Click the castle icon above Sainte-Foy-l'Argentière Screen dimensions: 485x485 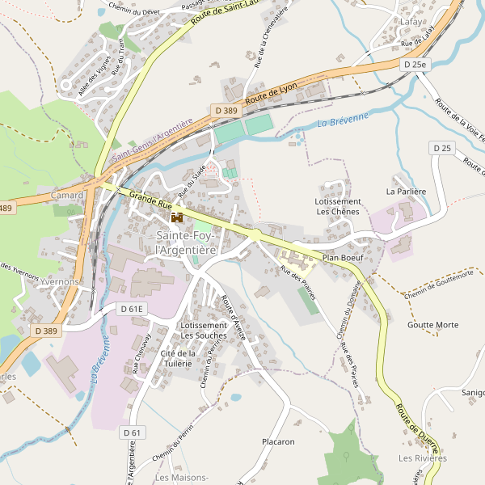tap(177, 217)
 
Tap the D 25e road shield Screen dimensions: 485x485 tap(414, 63)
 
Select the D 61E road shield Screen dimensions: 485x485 tap(131, 309)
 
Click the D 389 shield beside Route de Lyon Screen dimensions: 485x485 tap(226, 109)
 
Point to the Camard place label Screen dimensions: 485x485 tap(67, 195)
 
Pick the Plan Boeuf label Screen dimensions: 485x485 tap(343, 258)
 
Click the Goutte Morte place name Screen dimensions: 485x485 tap(432, 325)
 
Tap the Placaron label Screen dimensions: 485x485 tap(278, 442)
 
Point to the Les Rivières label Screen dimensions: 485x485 tap(422, 458)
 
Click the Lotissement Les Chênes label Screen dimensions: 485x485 tap(338, 206)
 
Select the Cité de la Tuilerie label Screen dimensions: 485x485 tap(177, 358)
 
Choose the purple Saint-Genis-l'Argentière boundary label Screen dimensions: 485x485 tap(152, 138)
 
